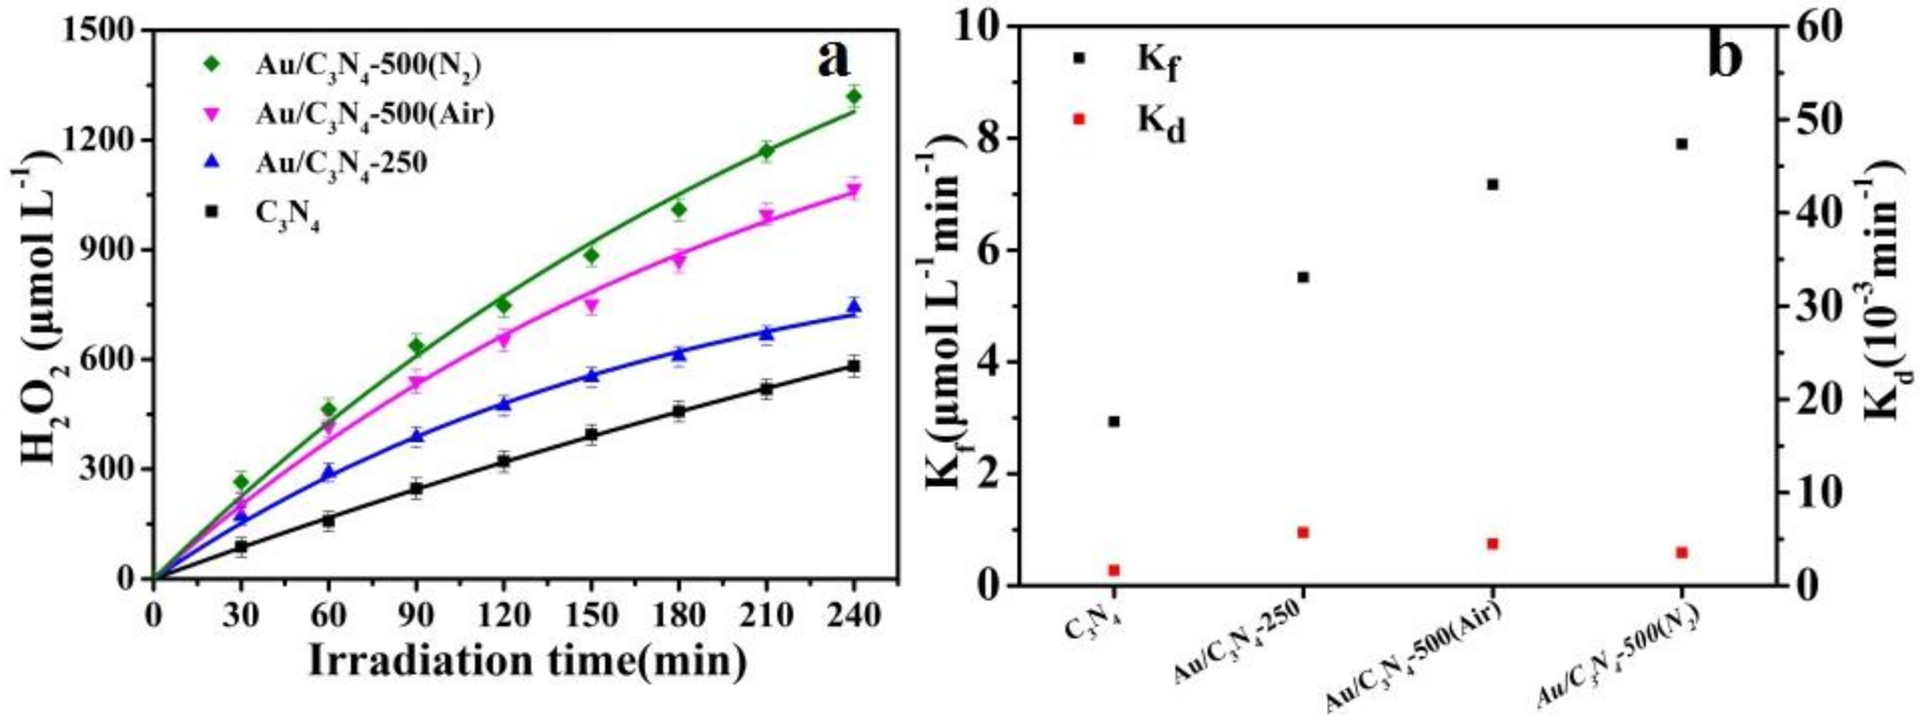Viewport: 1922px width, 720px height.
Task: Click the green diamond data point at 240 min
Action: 853,96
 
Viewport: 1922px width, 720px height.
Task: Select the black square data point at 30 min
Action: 241,547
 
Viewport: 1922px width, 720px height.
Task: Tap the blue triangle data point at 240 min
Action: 853,306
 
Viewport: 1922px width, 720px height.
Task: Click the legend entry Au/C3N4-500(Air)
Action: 374,114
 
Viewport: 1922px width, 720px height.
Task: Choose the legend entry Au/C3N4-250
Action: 340,163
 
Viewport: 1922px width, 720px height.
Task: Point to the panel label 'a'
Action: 833,59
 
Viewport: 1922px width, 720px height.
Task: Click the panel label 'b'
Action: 1725,57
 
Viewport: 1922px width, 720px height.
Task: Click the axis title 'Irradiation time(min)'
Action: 527,661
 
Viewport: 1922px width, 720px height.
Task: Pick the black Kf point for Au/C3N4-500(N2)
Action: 1681,144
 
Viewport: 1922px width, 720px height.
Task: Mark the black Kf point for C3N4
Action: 1114,422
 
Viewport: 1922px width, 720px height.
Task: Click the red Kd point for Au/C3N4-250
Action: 1302,532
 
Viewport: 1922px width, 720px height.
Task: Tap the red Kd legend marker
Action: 1078,119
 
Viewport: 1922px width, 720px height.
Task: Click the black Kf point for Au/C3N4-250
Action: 1302,277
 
